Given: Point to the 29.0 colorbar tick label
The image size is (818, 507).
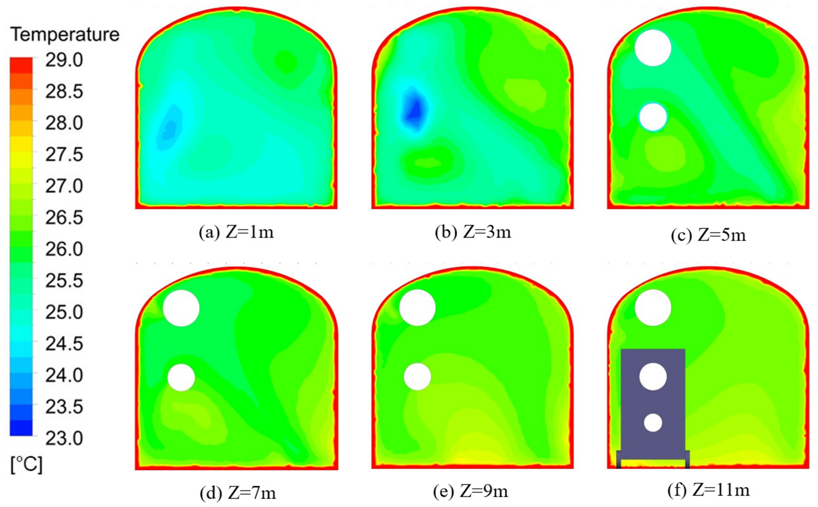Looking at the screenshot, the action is click(x=64, y=61).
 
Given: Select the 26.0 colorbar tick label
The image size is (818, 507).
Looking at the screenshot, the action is click(x=64, y=249).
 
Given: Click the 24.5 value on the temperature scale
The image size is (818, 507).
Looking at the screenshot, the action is click(x=64, y=344).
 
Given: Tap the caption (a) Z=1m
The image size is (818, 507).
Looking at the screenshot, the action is click(x=236, y=232).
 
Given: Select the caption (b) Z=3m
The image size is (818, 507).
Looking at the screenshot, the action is click(x=473, y=232).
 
